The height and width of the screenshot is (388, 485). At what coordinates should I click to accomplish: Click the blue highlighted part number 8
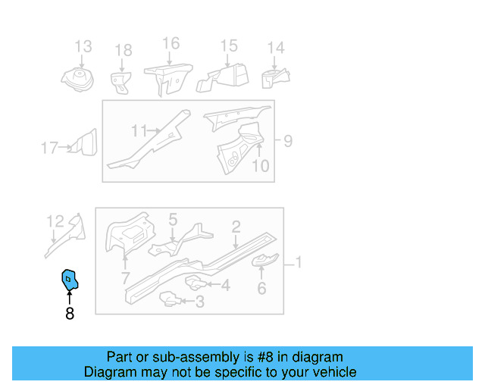point(70,281)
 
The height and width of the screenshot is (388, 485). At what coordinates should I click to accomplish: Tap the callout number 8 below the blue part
point(70,312)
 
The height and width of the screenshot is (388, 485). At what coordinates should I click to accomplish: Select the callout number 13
point(83,47)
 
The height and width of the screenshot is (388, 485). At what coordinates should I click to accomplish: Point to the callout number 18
point(123,51)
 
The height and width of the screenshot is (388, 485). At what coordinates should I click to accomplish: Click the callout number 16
point(171,43)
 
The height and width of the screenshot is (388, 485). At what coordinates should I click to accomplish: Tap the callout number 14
point(276,48)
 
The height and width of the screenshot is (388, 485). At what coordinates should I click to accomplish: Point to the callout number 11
point(138,131)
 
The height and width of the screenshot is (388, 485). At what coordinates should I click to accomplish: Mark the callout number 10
point(260,165)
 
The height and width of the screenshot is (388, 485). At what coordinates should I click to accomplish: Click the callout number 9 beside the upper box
point(287,141)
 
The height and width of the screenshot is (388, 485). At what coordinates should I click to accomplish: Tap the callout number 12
point(55,221)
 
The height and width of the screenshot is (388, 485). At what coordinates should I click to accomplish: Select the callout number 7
point(126,279)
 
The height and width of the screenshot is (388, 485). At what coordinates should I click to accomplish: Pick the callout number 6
point(262,288)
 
